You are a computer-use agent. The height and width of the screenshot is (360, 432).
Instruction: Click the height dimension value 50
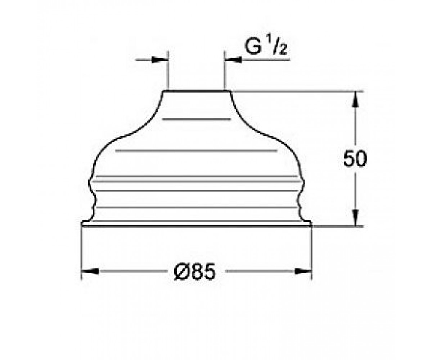coord(355,159)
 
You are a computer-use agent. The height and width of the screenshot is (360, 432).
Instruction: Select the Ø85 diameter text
coord(195,272)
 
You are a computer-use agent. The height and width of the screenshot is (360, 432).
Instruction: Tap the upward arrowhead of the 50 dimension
coord(355,99)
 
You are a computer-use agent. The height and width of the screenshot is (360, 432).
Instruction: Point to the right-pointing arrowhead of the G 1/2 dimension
coord(160,60)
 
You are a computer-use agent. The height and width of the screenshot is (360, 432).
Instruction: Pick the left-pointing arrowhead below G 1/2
coord(233,60)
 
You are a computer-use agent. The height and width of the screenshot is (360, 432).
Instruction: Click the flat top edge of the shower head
coord(197,90)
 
